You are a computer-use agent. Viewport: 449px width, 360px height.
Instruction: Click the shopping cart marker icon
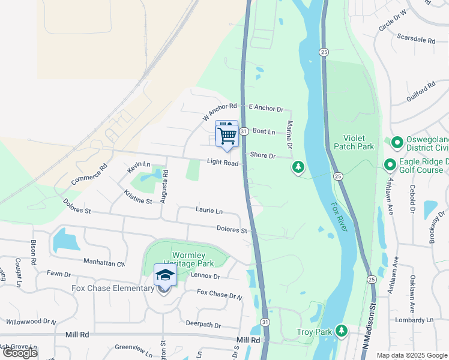[x=227, y=135]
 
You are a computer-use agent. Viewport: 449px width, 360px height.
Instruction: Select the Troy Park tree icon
[x=342, y=331]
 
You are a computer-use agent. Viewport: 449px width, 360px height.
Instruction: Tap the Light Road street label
[x=223, y=163]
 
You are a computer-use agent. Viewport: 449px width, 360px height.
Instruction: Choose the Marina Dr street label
[x=290, y=136]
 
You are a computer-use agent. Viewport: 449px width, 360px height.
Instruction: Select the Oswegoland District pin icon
[x=397, y=143]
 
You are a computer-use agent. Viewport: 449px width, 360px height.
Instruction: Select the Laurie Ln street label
[x=209, y=211]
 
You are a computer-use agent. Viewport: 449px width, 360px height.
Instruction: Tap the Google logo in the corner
[x=20, y=353]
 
